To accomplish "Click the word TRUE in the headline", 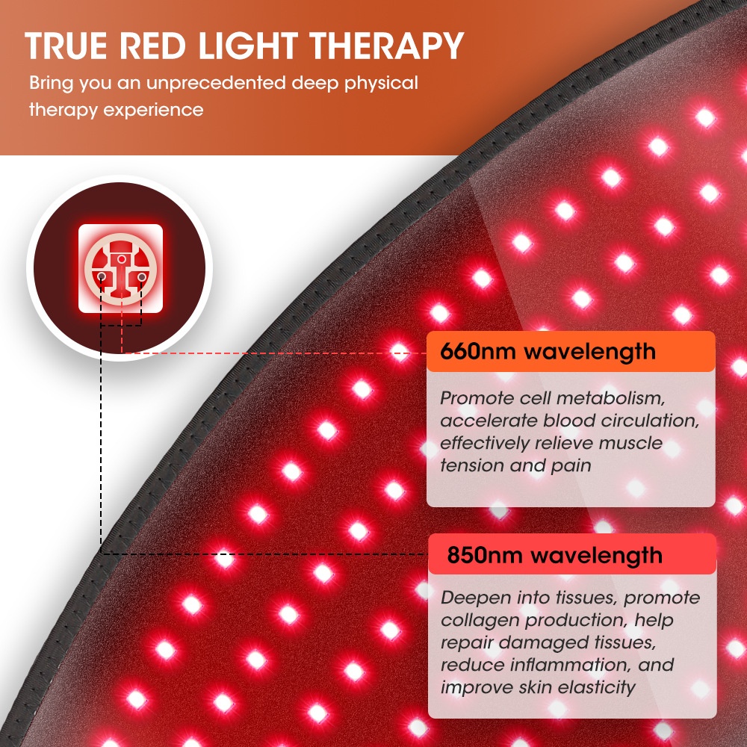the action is coord(66,46).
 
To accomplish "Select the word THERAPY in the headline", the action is coord(386,46).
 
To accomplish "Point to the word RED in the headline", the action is coord(152,46).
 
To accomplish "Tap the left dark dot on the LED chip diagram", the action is coord(102,276).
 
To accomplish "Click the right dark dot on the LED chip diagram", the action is coord(141,276).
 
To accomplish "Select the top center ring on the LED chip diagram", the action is coord(122,259).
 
